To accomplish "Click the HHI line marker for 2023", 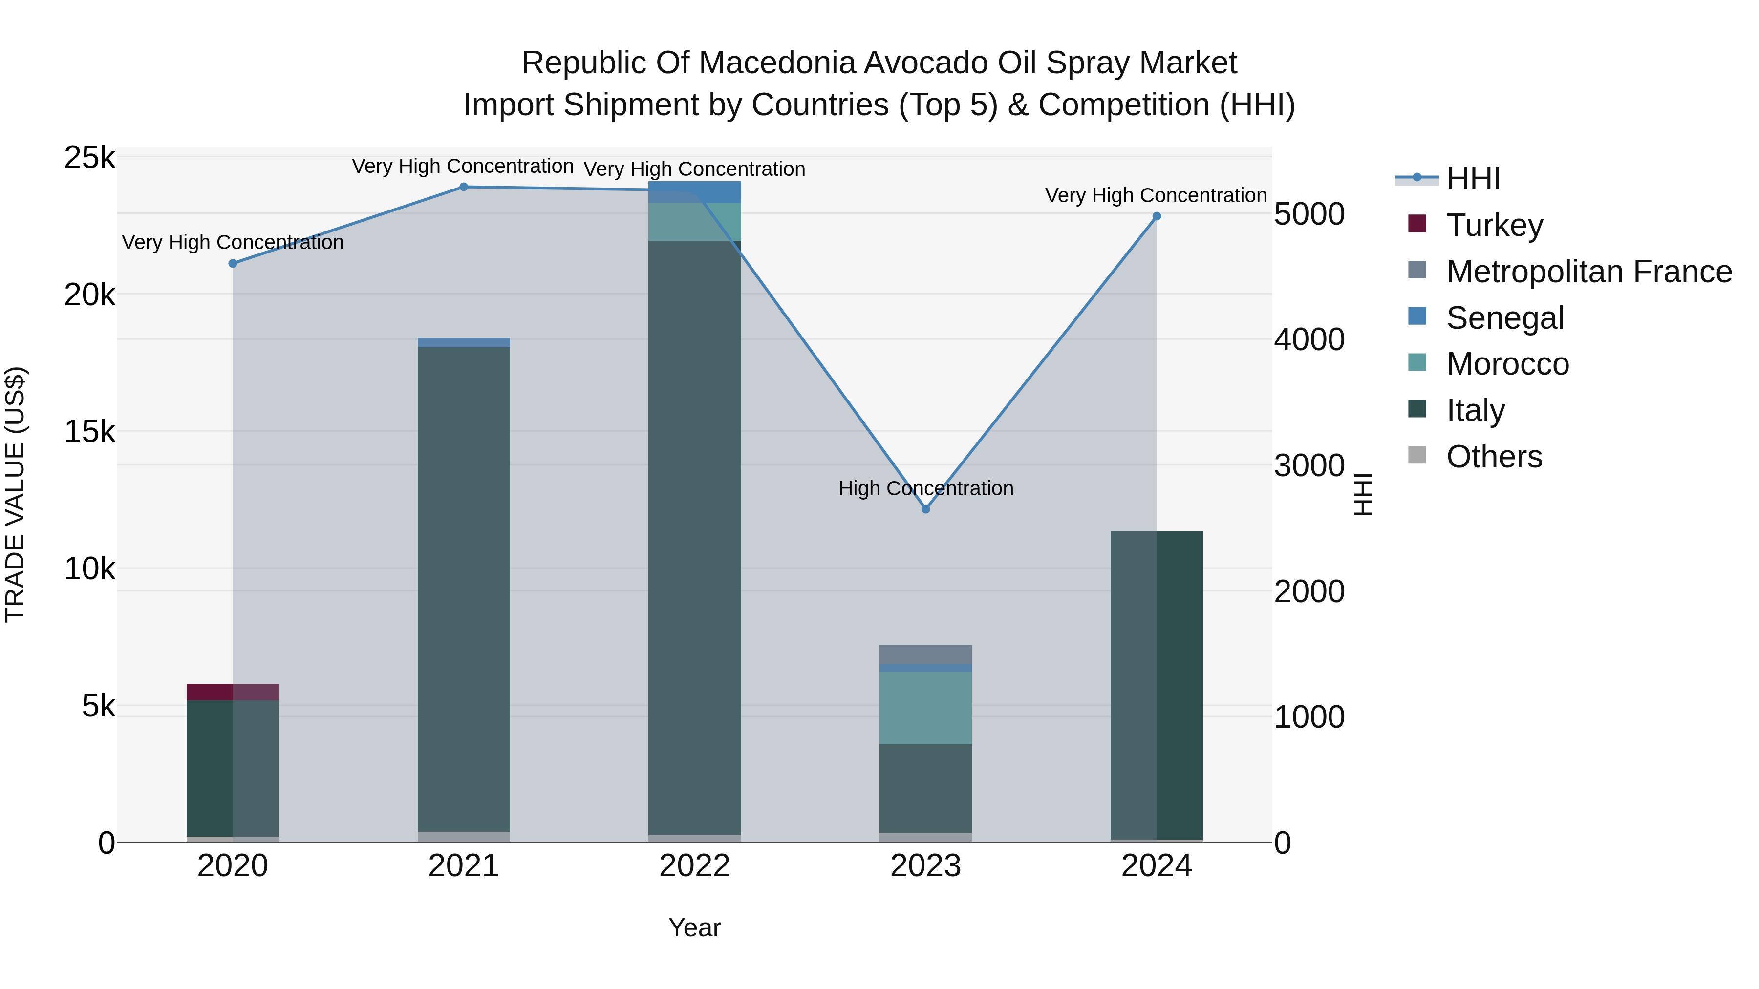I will [x=925, y=509].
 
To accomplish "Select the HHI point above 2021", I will [x=464, y=187].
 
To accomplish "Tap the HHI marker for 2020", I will [x=233, y=263].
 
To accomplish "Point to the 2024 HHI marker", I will [x=1157, y=216].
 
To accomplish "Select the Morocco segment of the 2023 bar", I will [x=925, y=708].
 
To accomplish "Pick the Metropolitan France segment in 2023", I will [x=925, y=654].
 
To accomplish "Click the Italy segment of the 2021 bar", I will [x=464, y=587].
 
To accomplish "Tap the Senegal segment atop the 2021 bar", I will [x=464, y=343].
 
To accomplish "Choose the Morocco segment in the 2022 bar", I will [x=694, y=222].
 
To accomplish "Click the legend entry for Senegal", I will [x=1504, y=318].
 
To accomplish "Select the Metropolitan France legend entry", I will [x=1588, y=272].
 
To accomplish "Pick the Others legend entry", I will [x=1494, y=457].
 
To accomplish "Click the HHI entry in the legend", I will [x=1473, y=179].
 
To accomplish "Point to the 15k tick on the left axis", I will [x=89, y=431].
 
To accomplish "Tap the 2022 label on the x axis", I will [x=694, y=866].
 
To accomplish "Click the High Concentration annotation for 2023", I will [x=925, y=489].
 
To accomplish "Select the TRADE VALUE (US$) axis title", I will [x=16, y=494].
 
